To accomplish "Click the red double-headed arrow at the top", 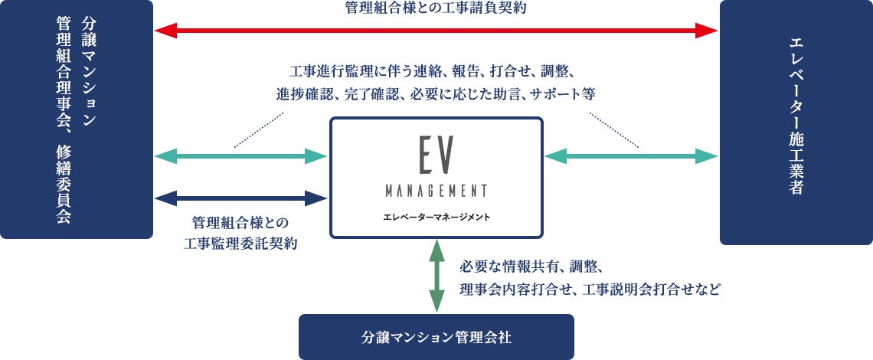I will (436, 31).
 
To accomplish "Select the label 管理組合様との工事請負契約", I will (436, 8).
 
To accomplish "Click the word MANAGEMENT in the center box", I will (436, 190).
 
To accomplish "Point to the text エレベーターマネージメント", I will (436, 217).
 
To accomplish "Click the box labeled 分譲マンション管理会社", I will (436, 336).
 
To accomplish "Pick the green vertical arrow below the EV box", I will (436, 276).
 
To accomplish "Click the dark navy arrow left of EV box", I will (241, 198).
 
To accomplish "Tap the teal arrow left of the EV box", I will (241, 156).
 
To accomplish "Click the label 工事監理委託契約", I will (241, 244).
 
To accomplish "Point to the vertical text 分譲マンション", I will (87, 77).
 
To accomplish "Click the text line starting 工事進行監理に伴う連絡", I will (436, 73).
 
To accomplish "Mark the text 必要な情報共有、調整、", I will (531, 267).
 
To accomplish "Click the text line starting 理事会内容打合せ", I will (590, 290).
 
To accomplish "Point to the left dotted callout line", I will (259, 129).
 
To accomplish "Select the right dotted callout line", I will (614, 129).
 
